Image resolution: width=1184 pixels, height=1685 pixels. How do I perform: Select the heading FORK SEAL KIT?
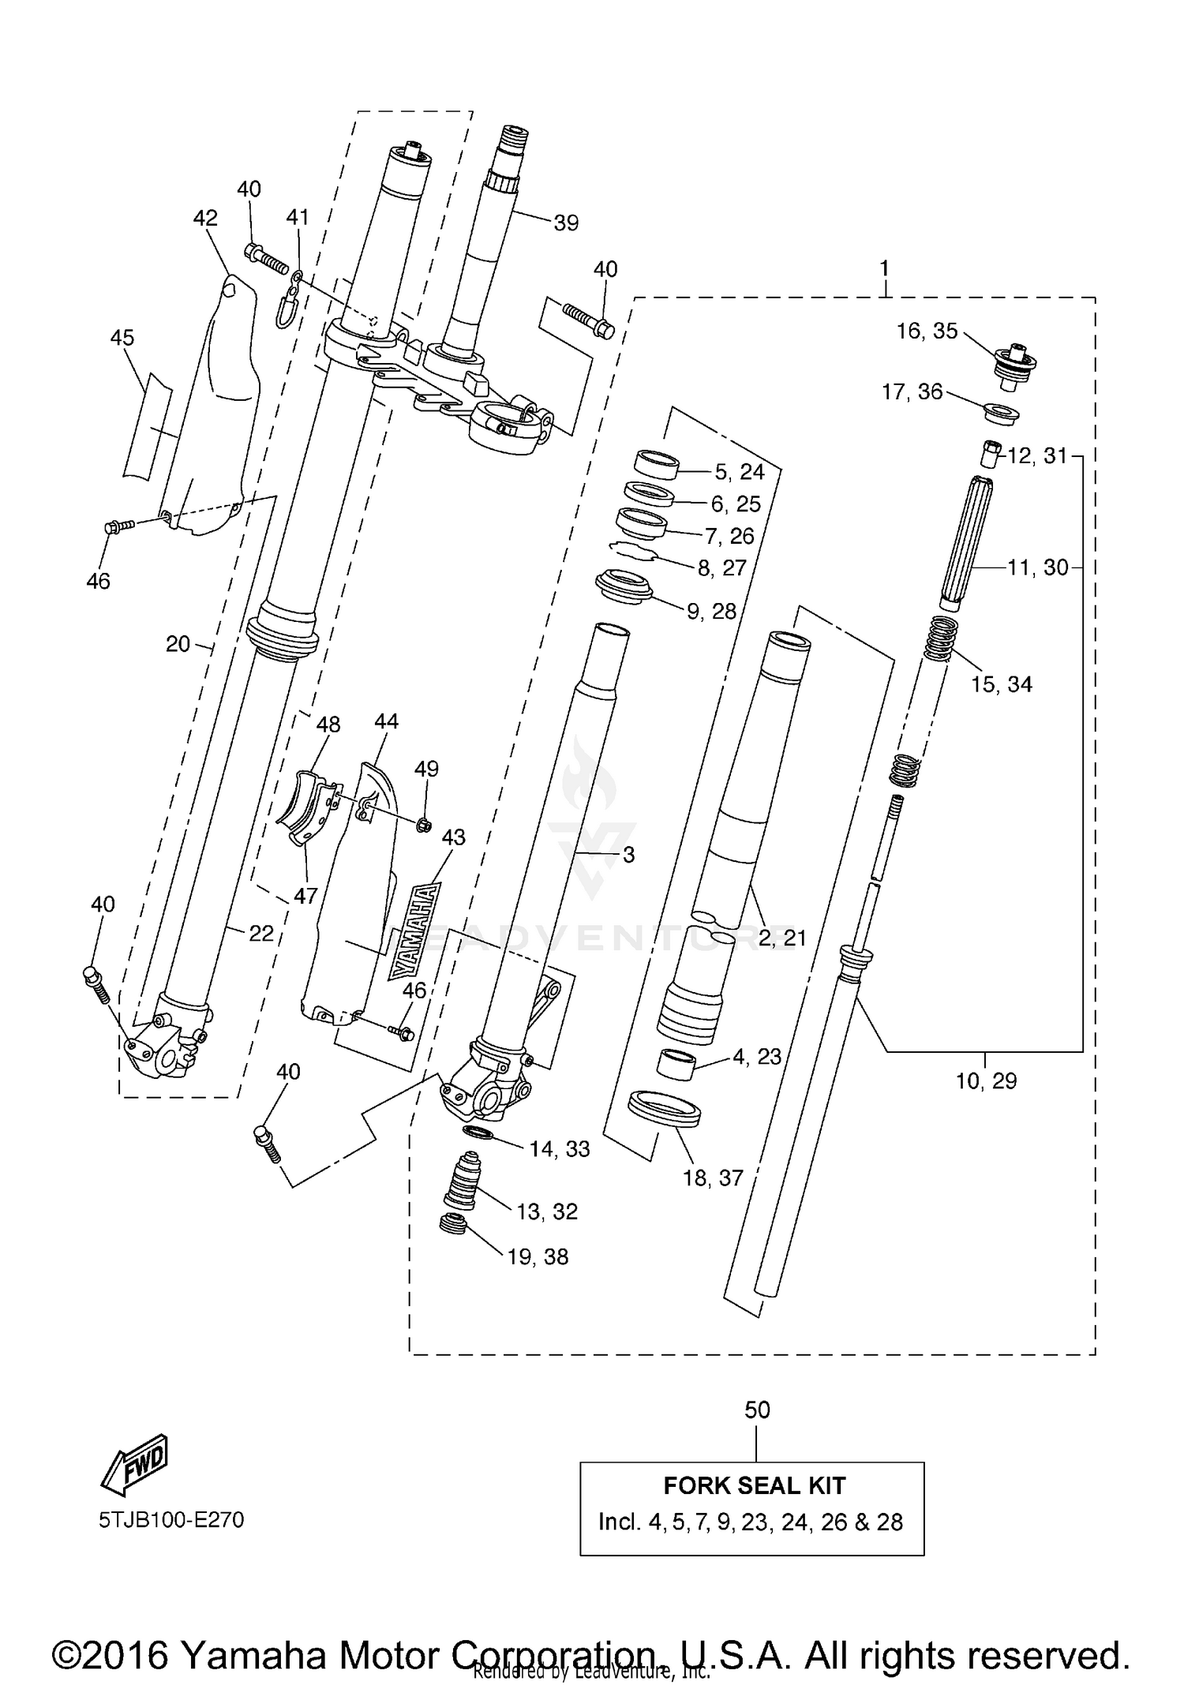click(x=754, y=1485)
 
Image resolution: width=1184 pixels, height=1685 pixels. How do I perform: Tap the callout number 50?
click(x=757, y=1410)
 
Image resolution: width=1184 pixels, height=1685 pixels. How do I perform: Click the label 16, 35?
click(x=927, y=331)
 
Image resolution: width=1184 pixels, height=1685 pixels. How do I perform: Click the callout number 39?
click(x=566, y=223)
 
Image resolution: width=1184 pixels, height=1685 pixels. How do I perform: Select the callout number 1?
click(x=884, y=268)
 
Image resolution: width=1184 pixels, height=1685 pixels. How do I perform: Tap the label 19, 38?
click(x=538, y=1256)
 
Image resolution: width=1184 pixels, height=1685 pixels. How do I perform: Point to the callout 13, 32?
click(x=547, y=1211)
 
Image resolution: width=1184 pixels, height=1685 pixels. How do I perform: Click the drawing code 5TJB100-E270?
click(x=171, y=1519)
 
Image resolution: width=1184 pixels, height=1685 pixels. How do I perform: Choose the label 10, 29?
click(x=986, y=1080)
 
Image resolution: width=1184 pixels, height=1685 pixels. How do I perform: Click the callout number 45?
click(x=122, y=338)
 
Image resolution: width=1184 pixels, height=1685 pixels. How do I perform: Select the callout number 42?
click(x=205, y=217)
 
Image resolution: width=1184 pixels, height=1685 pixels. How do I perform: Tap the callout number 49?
click(x=426, y=768)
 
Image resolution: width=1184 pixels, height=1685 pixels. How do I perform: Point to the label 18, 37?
click(x=713, y=1178)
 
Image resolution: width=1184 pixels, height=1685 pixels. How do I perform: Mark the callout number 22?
click(x=260, y=933)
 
